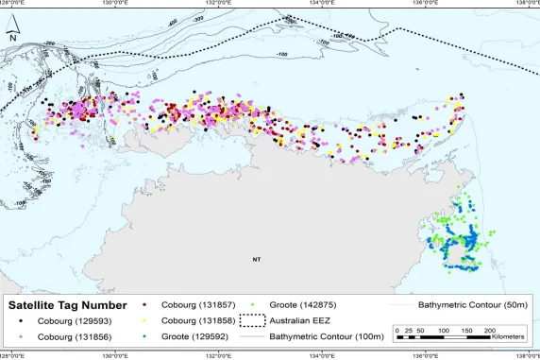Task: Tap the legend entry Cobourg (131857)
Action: [194, 305]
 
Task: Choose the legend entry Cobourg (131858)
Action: [194, 321]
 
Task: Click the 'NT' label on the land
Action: [255, 258]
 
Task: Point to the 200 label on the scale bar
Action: [489, 330]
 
